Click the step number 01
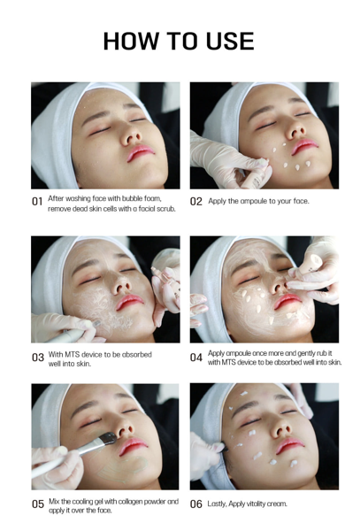point(37,202)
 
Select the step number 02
point(195,202)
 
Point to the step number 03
point(38,358)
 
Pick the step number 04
point(196,358)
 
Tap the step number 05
point(38,504)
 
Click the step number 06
point(196,504)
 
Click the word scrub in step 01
point(166,209)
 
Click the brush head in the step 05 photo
point(108,439)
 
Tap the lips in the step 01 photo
point(141,152)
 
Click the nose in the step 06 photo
point(280,429)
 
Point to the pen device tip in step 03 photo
point(96,323)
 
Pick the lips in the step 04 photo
point(287,301)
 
